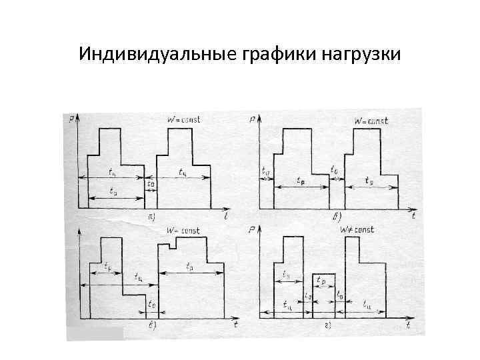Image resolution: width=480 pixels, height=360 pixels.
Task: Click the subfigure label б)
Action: point(337,217)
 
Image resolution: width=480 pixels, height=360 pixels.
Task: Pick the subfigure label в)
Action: point(152,325)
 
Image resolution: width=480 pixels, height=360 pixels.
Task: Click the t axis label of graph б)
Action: point(413,216)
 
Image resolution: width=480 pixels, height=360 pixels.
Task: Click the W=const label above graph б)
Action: point(371,121)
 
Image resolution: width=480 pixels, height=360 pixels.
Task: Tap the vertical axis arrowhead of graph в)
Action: point(79,231)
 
